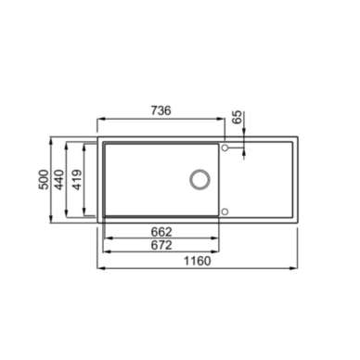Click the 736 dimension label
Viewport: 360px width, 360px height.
coord(161,110)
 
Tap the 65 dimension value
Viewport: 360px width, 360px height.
coord(238,117)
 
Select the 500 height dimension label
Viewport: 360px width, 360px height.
coord(44,180)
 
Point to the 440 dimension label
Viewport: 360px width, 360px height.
coord(58,180)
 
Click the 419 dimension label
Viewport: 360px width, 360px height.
coord(77,180)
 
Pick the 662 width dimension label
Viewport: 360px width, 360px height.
coord(161,232)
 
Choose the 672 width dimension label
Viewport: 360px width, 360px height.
coord(161,245)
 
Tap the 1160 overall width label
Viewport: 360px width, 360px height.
coord(198,261)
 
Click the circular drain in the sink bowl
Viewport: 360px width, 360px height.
coord(199,180)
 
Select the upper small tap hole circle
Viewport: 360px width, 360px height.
coord(225,148)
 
